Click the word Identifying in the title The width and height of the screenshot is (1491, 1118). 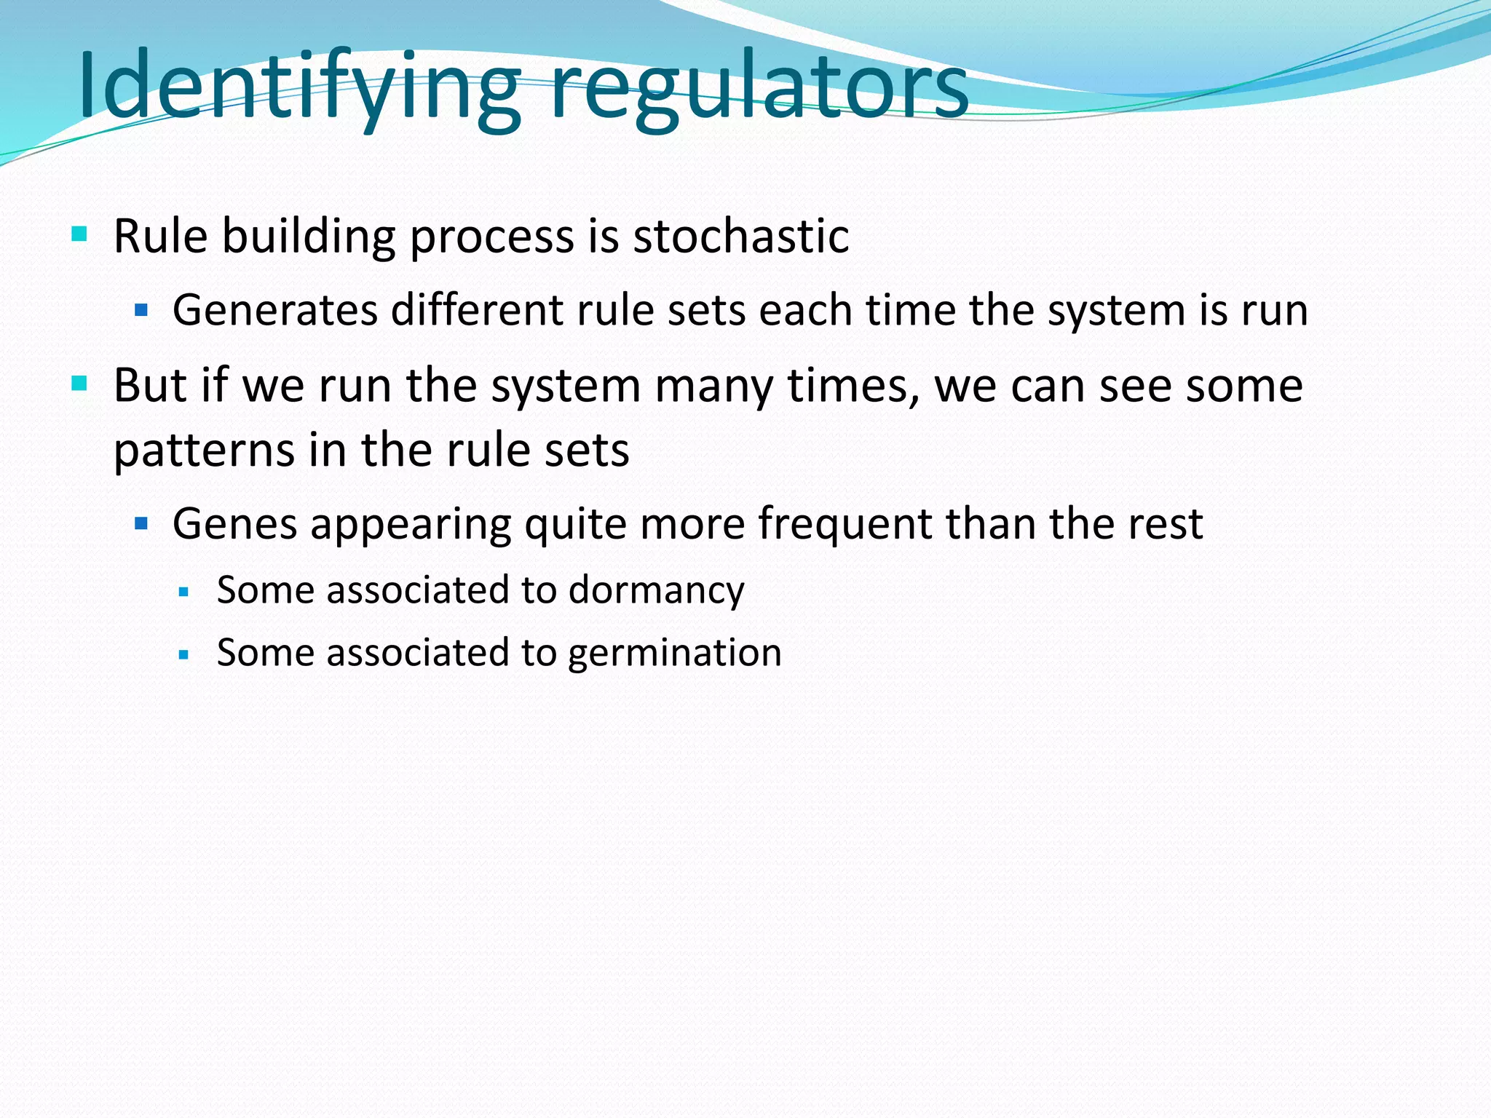coord(298,86)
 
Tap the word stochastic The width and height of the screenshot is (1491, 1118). coord(740,236)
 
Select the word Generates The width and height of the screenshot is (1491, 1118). coord(274,310)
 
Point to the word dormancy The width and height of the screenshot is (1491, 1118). coord(656,590)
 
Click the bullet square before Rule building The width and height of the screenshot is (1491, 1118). coord(79,234)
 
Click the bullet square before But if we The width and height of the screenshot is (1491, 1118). coord(79,383)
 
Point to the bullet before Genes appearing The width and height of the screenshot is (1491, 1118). coord(141,523)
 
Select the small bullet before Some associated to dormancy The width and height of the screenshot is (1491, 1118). coord(183,592)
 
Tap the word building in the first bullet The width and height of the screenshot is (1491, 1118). coord(309,236)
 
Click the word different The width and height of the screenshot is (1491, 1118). coord(478,310)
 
